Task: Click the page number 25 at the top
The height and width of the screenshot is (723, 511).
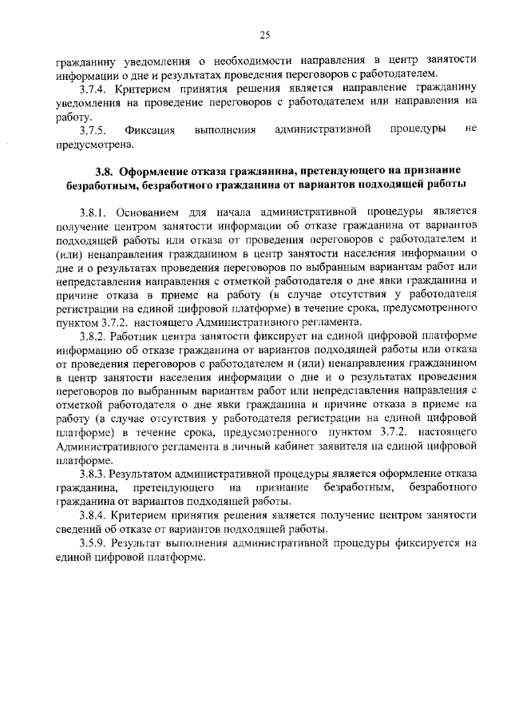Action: pos(264,34)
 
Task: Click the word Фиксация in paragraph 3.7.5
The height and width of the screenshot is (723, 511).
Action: pos(149,129)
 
